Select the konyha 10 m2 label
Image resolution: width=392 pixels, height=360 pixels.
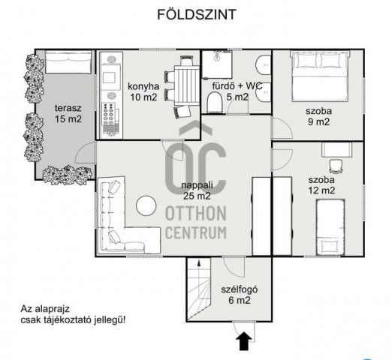[x=145, y=90]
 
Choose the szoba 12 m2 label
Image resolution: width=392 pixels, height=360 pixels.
[x=321, y=185]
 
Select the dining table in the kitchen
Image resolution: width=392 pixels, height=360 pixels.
[x=183, y=86]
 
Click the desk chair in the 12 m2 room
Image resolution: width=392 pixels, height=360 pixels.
[x=335, y=163]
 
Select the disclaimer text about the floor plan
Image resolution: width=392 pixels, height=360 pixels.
[x=72, y=313]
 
